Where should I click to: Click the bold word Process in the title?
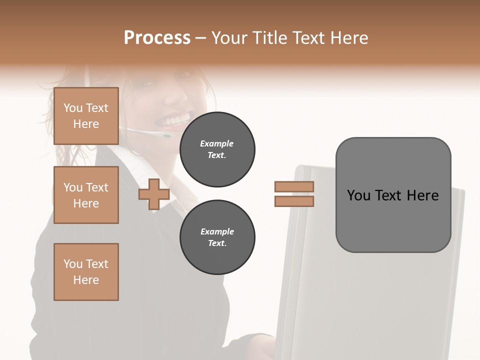157,38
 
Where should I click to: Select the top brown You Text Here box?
86,116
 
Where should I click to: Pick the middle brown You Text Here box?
86,195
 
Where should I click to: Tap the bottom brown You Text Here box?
86,272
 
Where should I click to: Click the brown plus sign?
154,194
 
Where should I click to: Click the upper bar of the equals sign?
294,186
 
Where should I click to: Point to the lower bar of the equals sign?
294,201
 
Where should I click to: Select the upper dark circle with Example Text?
217,149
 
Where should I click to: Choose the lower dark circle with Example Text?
217,237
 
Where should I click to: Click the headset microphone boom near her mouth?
150,133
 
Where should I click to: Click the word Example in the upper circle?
217,143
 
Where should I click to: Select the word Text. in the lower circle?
217,243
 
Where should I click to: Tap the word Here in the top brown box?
86,124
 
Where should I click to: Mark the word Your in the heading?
230,38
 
